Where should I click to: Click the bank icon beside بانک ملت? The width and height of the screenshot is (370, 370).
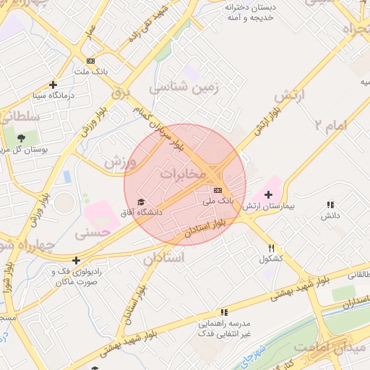[x=90, y=61]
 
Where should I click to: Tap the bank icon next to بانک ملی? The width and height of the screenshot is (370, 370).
[x=218, y=189]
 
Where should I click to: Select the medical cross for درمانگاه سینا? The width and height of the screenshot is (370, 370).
[x=53, y=85]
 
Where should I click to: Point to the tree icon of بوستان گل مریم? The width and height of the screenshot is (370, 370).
[x=20, y=137]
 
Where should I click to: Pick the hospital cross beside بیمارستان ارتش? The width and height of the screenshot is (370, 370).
[x=268, y=194]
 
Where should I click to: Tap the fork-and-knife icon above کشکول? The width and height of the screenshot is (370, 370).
[x=271, y=247]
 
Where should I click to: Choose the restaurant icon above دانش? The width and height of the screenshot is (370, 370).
[x=330, y=205]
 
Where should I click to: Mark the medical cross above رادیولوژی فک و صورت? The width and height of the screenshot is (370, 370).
[x=76, y=260]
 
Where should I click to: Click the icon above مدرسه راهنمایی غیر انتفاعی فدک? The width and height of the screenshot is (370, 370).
[x=225, y=312]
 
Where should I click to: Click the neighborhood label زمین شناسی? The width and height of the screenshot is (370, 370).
[x=184, y=88]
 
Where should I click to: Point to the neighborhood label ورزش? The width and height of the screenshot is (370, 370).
[x=119, y=161]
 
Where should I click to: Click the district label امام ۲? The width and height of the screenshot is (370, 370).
[x=332, y=124]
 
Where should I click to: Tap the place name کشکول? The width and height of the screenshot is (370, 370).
[x=270, y=259]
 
